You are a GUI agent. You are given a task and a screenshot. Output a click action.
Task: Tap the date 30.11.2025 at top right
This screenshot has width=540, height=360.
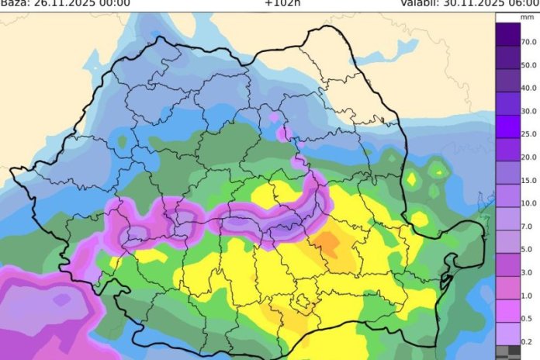[x=474, y=3]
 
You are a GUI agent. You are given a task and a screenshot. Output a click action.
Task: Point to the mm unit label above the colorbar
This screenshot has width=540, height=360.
[x=527, y=26]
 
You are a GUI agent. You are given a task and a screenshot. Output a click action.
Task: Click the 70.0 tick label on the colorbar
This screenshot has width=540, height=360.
[x=529, y=40]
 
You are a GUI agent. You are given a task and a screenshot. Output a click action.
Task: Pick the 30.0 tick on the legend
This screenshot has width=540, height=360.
[x=529, y=111]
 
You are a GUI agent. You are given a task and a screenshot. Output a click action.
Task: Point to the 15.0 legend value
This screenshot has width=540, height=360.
[x=529, y=181]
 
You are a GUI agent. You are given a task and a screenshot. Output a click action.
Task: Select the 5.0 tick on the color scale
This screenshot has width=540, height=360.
[x=528, y=251]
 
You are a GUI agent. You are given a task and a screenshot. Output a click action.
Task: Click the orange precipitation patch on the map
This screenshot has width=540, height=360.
[x=329, y=244]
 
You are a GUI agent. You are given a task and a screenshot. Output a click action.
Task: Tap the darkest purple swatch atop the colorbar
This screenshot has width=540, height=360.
[x=508, y=33]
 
